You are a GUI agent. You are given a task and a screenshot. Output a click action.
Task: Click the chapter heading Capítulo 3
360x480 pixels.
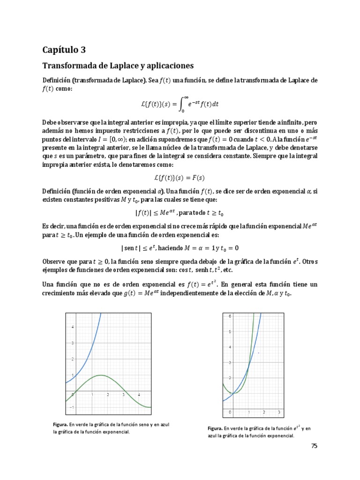tap(64, 50)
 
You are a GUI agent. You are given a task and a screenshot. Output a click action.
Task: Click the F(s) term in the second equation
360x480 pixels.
tap(198, 178)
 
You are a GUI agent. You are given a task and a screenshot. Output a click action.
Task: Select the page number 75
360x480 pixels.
tap(314, 446)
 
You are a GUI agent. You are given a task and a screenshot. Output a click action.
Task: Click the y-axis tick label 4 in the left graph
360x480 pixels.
tap(72, 327)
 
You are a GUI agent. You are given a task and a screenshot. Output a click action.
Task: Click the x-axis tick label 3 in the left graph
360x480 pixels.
tap(123, 396)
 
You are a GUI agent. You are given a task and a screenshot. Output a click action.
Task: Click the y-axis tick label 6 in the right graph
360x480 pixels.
tap(230, 316)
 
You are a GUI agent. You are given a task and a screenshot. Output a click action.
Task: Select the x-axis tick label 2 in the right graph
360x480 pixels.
tap(263, 412)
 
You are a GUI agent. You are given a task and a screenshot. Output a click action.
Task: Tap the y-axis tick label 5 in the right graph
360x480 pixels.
tap(230, 332)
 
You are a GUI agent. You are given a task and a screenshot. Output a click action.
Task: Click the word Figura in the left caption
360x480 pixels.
tap(60, 424)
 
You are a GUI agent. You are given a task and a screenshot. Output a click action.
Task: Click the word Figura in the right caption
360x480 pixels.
tap(215, 428)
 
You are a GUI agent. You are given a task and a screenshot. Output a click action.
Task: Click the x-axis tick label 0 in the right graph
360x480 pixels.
tap(230, 412)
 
